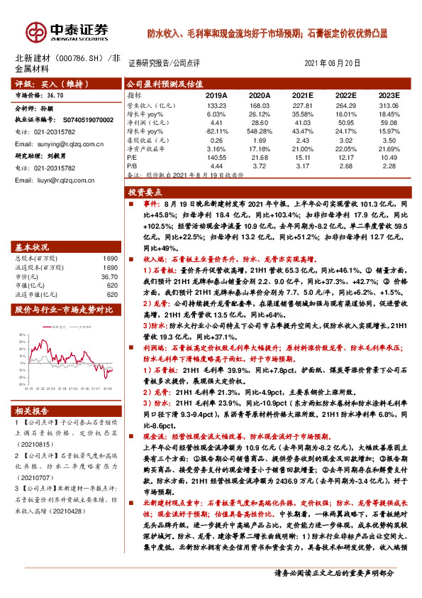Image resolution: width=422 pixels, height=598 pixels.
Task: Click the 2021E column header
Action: tap(301, 94)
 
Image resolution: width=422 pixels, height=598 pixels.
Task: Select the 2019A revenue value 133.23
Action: tap(216, 105)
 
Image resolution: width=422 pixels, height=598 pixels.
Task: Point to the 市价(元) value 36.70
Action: tap(110, 277)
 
